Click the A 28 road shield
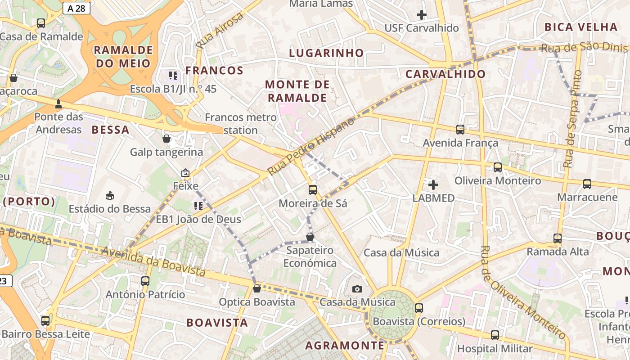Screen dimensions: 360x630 76,8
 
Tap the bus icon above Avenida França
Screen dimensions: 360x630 460,130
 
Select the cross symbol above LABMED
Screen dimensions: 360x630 433,184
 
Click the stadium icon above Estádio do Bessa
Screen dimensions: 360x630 109,195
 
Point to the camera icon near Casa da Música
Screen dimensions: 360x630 357,289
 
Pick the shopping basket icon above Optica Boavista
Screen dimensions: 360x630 257,288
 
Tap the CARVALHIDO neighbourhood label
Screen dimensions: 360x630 445,74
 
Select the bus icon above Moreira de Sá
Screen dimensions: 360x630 313,190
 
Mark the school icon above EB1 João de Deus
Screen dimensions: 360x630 198,206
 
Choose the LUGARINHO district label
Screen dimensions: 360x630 326,53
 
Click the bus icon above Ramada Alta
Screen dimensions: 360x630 558,238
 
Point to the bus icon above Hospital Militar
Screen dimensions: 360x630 495,335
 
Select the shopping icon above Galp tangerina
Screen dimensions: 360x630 166,139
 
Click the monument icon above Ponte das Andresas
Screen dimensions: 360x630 58,104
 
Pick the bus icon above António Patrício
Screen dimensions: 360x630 145,281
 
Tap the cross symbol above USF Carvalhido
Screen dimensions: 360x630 422,15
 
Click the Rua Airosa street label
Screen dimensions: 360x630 220,31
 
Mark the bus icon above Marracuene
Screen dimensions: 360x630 587,184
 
